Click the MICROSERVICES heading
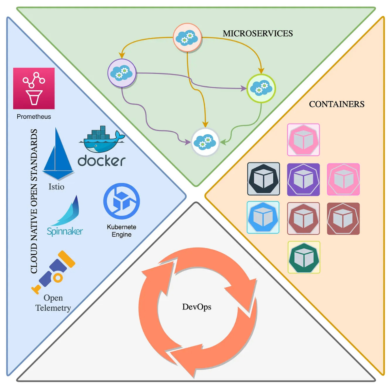257,33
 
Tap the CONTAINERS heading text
336,104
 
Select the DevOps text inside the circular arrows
197,307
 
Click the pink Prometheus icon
34,88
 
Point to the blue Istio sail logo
58,155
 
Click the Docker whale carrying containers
102,139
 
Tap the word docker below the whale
102,161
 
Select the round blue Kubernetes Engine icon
121,201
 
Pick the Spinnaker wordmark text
65,231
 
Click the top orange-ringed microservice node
187,37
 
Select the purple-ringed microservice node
122,73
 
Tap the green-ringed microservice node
261,88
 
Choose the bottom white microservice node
205,142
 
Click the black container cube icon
263,179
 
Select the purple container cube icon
303,179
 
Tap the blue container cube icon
263,218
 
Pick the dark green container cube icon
304,257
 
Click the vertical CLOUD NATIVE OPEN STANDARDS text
34,201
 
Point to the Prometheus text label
34,117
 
